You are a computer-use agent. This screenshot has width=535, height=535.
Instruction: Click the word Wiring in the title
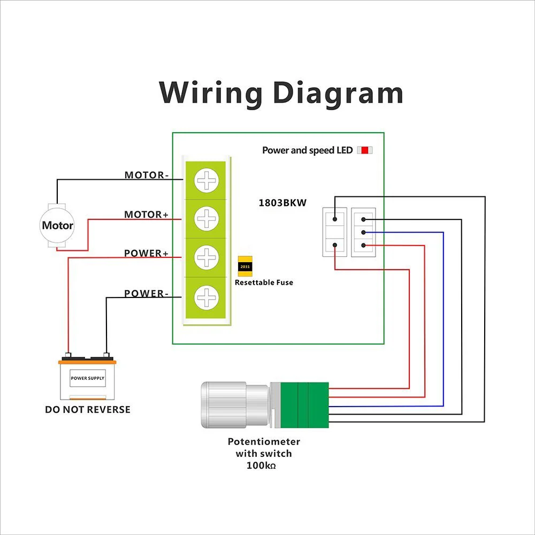point(211,93)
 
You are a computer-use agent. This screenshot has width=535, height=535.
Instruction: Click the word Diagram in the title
point(338,93)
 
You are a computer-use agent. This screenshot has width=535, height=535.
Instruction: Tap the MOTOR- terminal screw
point(206,180)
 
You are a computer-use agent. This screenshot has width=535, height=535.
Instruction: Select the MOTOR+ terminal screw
point(206,218)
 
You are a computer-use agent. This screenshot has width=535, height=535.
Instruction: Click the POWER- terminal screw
point(206,296)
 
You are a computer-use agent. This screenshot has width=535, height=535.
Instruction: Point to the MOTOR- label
point(146,175)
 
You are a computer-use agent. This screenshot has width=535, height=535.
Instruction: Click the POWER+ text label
point(146,253)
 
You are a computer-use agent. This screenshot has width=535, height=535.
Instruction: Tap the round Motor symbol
point(57,225)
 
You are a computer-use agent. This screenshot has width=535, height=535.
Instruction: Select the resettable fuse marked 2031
point(245,266)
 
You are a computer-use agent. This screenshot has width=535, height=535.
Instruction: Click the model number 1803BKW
point(282,203)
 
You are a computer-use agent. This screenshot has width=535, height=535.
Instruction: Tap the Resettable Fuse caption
point(264,282)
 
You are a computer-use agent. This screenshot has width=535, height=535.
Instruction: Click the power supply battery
point(87,379)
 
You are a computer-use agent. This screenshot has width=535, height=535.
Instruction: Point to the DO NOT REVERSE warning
point(87,410)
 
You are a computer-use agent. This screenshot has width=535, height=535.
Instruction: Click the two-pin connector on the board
point(335,232)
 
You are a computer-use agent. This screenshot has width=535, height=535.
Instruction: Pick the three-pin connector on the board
point(363,232)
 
